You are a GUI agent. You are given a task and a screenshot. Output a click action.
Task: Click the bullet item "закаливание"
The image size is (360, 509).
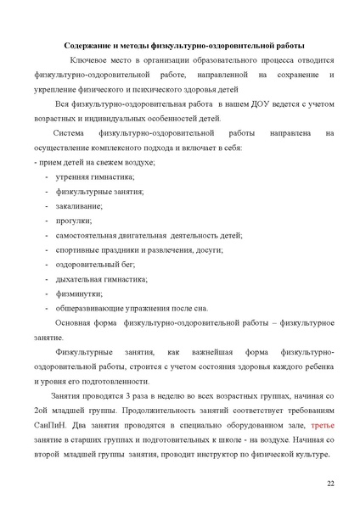80,205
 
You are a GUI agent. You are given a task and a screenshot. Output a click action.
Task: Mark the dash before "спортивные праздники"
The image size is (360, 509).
45,249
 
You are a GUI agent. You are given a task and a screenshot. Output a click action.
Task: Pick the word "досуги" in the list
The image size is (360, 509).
208,249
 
